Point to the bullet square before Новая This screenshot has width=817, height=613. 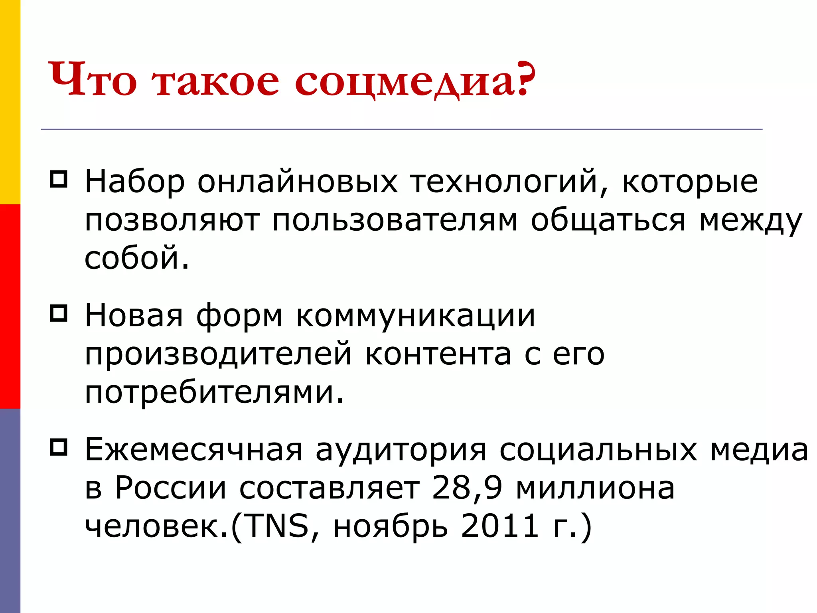pyautogui.click(x=58, y=313)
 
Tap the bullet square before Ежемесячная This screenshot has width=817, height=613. pyautogui.click(x=58, y=447)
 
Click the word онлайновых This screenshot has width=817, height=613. pyautogui.click(x=298, y=182)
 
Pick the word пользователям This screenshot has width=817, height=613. pyautogui.click(x=395, y=221)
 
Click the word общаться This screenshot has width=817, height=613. pyautogui.click(x=608, y=221)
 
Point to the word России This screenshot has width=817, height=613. pyautogui.click(x=171, y=488)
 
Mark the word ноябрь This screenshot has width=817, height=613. pyautogui.click(x=391, y=526)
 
